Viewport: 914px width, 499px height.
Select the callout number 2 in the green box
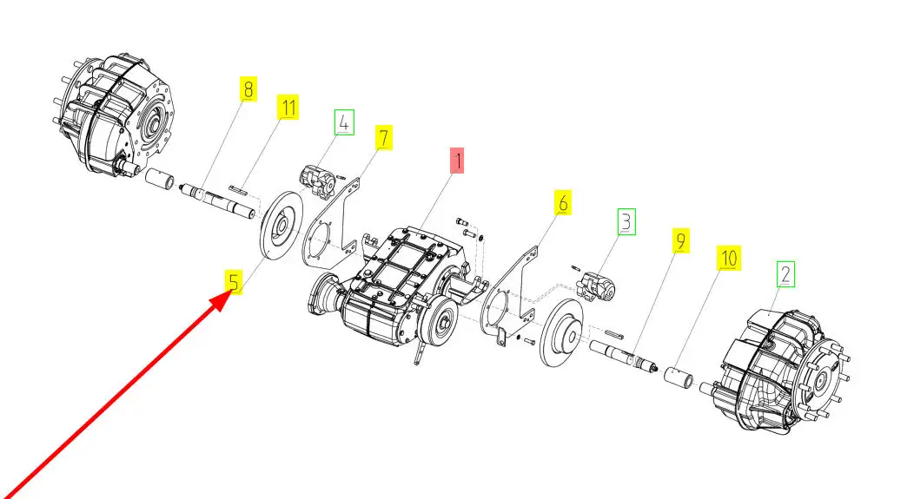click(785, 275)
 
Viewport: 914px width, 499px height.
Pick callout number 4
click(344, 122)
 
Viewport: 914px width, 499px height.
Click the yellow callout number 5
click(233, 282)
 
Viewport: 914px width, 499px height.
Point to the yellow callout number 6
click(563, 204)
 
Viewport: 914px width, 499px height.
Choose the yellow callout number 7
click(383, 137)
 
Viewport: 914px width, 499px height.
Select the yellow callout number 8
click(248, 89)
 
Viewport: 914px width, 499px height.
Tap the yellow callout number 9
click(681, 241)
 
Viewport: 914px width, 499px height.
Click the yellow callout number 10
click(728, 258)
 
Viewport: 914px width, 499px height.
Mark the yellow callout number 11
click(288, 108)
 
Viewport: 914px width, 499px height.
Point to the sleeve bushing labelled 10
click(679, 378)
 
